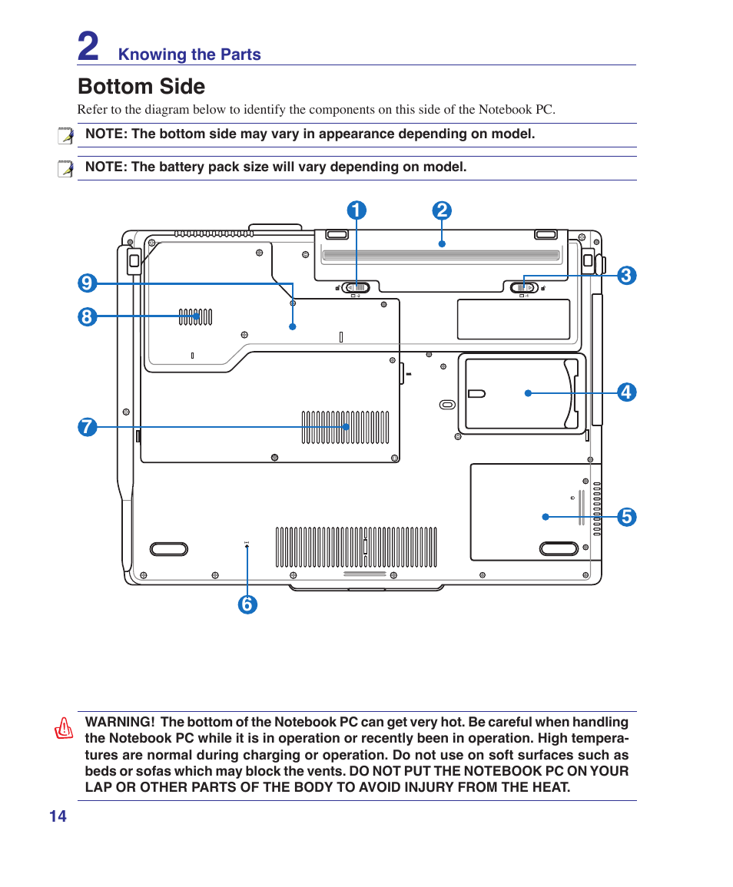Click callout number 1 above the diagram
coord(356,211)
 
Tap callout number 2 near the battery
coord(441,211)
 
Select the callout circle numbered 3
coord(625,276)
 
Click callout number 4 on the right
coord(626,392)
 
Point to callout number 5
coord(626,517)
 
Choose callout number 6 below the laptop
coord(247,604)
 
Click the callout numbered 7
coord(87,427)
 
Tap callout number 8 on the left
coord(87,316)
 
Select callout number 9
coord(87,283)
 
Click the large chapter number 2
coord(88,46)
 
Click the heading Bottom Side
coord(141,86)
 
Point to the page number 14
coord(58,816)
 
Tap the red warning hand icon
coord(65,727)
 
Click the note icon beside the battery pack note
coord(66,168)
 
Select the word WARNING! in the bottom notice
coord(119,722)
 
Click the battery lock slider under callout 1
coord(357,287)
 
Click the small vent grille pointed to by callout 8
coord(195,316)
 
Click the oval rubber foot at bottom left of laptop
coord(168,548)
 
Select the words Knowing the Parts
coord(189,55)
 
